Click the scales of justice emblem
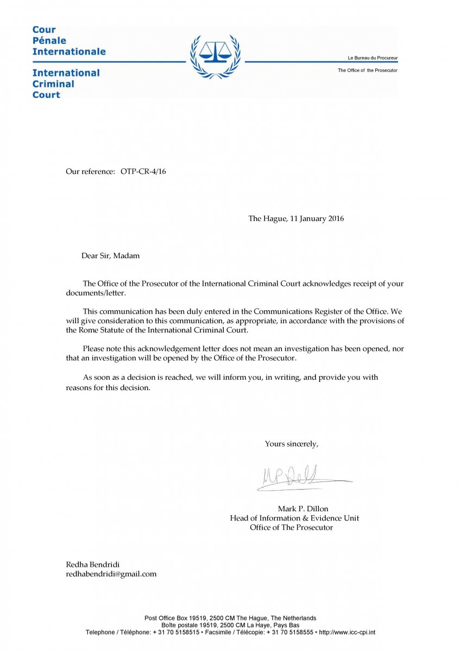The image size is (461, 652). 216,54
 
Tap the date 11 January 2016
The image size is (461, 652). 315,218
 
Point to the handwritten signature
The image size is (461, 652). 299,477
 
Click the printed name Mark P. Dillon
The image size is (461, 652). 302,509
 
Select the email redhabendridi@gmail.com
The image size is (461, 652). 111,574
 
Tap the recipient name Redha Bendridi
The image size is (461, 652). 93,564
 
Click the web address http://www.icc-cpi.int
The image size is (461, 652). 347,632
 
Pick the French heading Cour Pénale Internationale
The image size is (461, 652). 69,41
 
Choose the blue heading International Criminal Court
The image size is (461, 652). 66,84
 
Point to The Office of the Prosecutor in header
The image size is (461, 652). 367,71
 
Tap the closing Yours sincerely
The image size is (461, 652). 292,444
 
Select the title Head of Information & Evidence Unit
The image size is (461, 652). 294,518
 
